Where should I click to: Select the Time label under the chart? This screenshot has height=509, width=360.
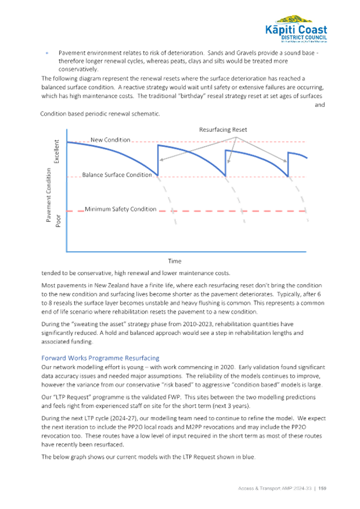click(x=174, y=260)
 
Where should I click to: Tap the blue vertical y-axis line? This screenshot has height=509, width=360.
click(x=67, y=195)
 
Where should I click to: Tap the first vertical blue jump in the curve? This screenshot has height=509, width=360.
click(x=157, y=160)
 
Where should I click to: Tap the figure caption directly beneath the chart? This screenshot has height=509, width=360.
click(x=134, y=273)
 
